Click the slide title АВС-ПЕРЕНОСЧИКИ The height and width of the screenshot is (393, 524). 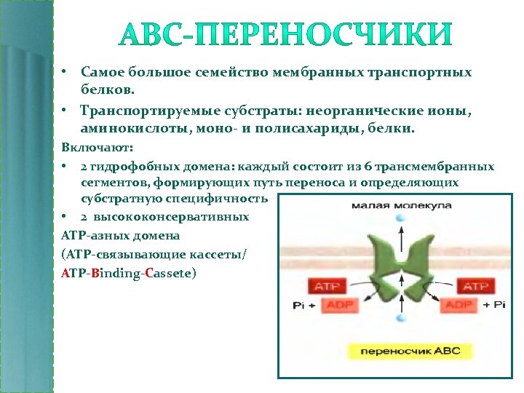[285, 34]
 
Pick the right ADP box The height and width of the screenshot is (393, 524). [458, 304]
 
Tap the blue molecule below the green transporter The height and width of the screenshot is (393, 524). [400, 317]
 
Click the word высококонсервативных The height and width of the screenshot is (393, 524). [174, 217]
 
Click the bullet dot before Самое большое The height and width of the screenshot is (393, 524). [64, 73]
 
